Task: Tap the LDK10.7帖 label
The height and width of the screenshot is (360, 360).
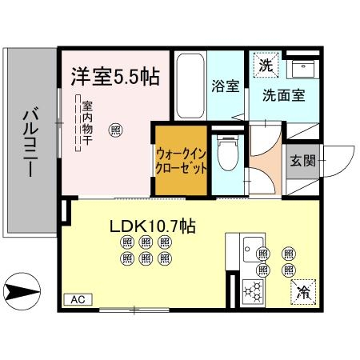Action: point(152,226)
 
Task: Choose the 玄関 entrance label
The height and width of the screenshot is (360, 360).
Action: point(303,160)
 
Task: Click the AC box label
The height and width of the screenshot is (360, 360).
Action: point(78,299)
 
